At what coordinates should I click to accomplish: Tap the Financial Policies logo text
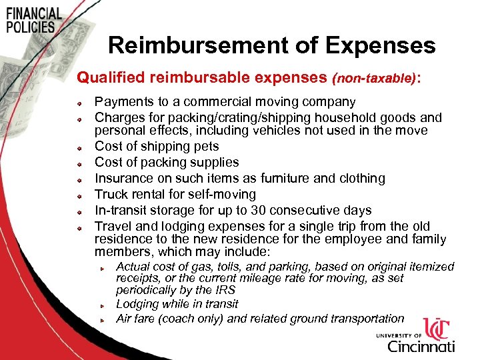[33, 21]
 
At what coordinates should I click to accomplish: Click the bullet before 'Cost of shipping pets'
[79, 147]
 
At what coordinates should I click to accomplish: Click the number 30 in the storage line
[249, 210]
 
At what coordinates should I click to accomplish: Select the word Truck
[111, 194]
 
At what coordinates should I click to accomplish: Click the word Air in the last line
[125, 319]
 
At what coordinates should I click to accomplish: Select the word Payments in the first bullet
[123, 102]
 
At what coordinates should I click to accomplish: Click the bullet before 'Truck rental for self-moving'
[79, 195]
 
